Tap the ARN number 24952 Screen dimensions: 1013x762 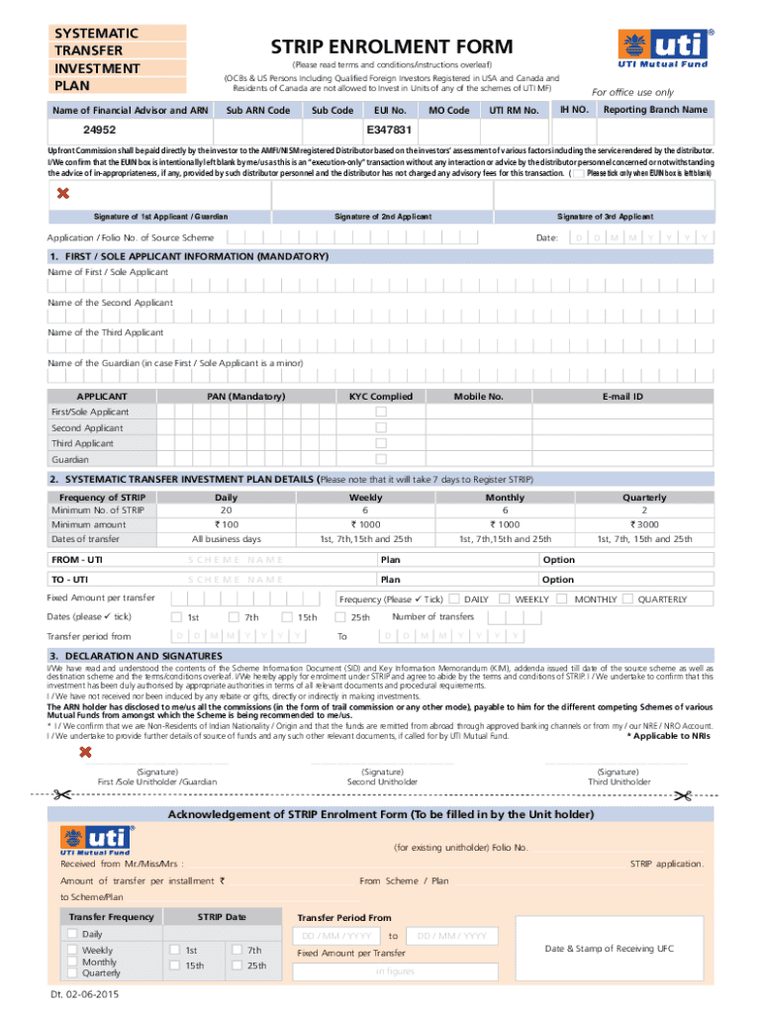99,131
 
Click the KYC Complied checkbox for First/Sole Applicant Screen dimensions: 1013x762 381,412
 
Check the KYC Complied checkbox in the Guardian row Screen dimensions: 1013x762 381,459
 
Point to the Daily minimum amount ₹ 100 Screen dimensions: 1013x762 226,524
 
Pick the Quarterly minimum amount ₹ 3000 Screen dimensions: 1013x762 644,524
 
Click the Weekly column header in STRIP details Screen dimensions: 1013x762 366,498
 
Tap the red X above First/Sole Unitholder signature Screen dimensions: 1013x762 86,753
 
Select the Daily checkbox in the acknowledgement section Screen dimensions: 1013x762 72,934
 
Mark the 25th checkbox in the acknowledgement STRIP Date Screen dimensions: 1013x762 238,966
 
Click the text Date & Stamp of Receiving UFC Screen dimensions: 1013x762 609,949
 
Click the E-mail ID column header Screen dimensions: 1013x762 623,397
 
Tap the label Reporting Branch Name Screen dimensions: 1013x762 655,110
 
